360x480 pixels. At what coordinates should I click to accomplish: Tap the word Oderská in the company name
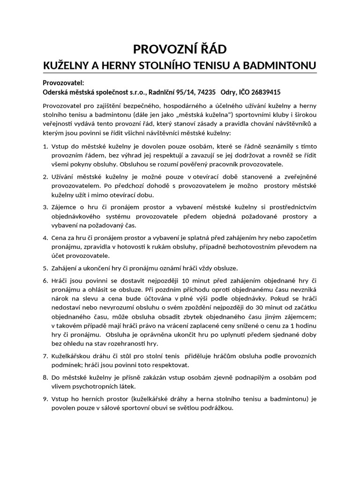point(55,92)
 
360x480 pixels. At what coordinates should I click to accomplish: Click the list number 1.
point(45,147)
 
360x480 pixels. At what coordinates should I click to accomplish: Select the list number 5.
point(45,268)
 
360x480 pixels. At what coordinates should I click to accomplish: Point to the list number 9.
point(45,399)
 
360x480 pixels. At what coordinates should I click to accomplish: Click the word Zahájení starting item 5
point(65,268)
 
